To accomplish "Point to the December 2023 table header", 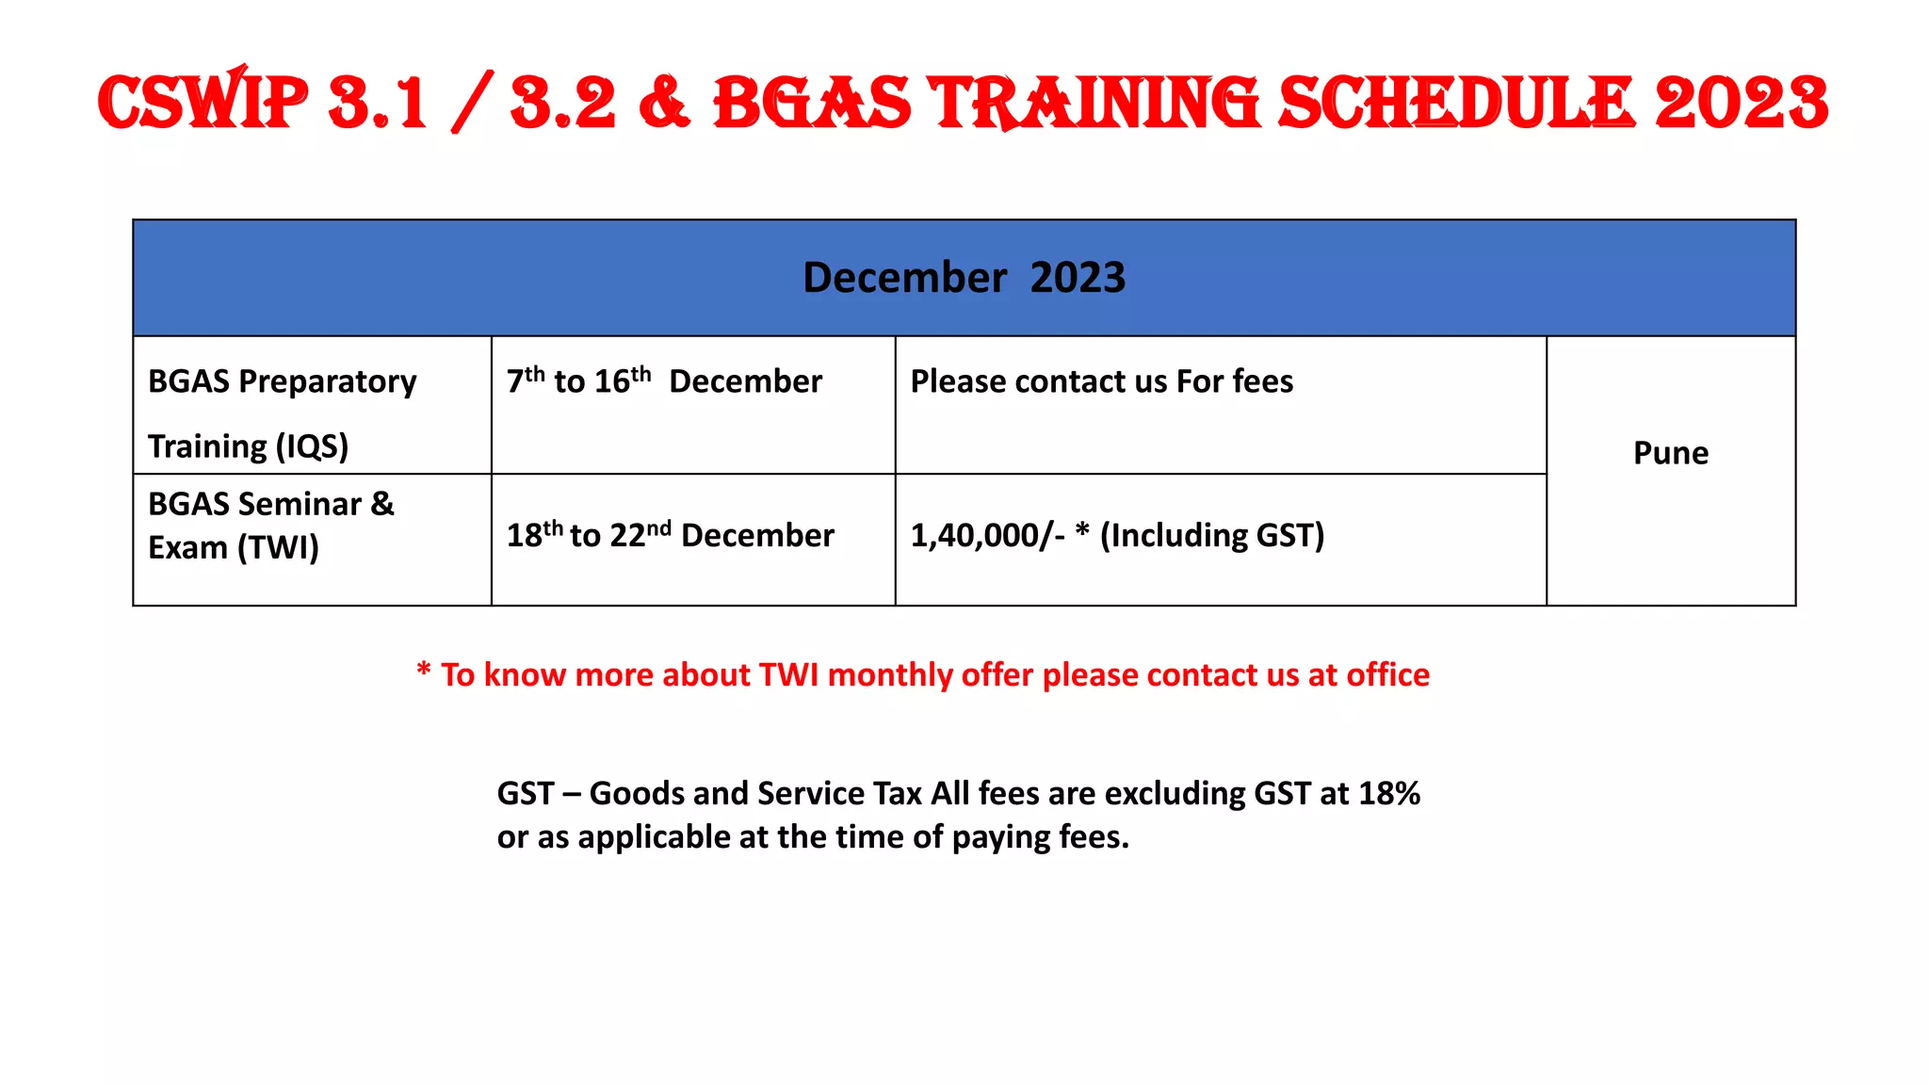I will [x=964, y=278].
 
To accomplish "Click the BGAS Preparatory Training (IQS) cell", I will [x=283, y=413].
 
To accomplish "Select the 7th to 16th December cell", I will [x=664, y=381].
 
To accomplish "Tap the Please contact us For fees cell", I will [x=1101, y=381].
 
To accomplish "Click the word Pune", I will [x=1670, y=453].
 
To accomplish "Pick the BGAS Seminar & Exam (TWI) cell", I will [x=271, y=526].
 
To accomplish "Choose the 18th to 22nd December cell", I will [x=670, y=535].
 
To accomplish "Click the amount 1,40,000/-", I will [x=987, y=535].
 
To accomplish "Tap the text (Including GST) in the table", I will [x=1212, y=535].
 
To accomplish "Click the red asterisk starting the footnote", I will [x=424, y=671].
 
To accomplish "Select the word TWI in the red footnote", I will [x=788, y=675].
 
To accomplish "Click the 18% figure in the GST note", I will [x=1388, y=794].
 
